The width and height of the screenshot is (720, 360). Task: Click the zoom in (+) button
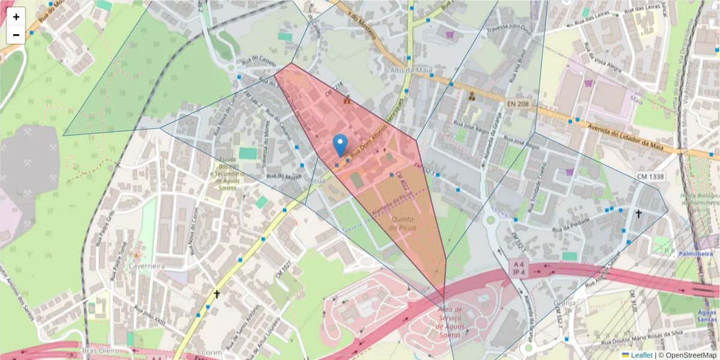(x=16, y=17)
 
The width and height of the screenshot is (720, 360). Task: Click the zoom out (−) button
(x=16, y=35)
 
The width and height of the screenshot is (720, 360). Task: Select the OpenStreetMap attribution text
(x=690, y=355)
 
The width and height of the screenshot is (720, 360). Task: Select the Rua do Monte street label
(x=284, y=176)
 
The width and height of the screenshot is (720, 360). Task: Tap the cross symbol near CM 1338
(x=638, y=214)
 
